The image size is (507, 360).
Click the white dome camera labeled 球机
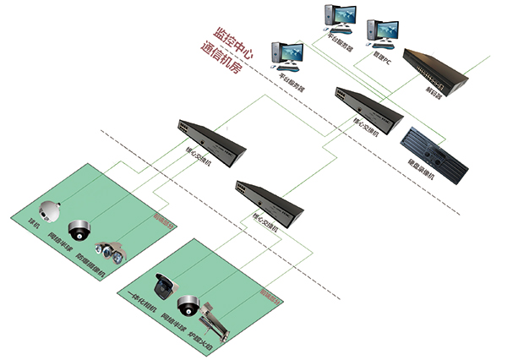(x=51, y=212)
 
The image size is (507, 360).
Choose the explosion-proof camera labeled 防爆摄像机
(x=109, y=249)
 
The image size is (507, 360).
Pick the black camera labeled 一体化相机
(x=162, y=287)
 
